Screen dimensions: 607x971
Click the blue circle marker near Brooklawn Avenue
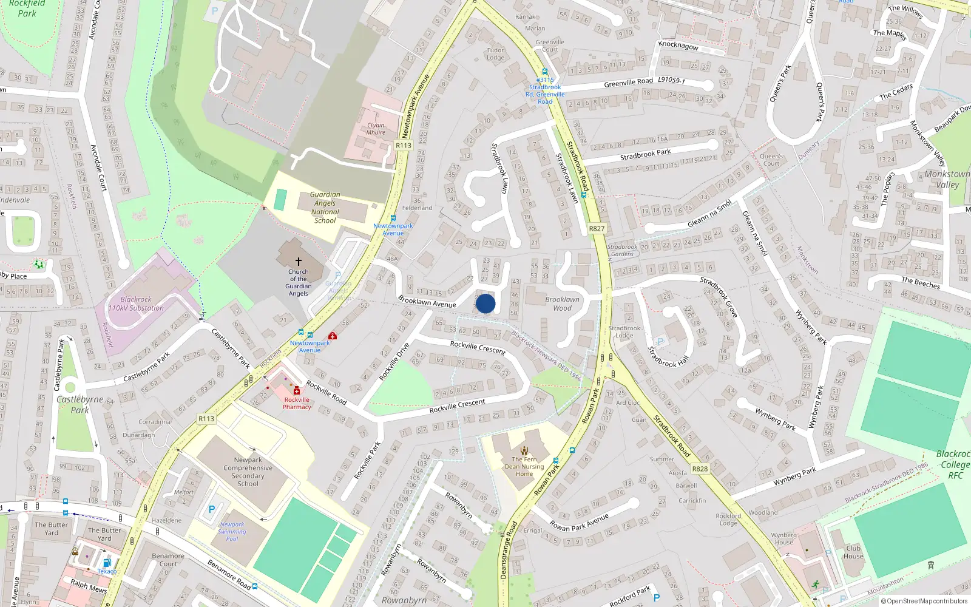tap(486, 303)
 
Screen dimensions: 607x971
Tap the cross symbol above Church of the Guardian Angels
tap(298, 261)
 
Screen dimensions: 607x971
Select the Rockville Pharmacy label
tap(297, 404)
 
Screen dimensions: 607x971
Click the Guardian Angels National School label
tap(325, 208)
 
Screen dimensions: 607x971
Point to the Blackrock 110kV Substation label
tap(136, 303)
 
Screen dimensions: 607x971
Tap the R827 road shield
tap(597, 228)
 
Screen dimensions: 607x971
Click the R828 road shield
tap(700, 469)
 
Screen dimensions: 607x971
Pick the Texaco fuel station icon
tap(107, 563)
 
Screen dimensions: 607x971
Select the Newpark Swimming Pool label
tap(232, 532)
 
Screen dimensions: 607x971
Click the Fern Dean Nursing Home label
tap(524, 467)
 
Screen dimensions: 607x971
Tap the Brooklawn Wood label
tap(562, 303)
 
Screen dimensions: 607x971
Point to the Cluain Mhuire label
tap(376, 129)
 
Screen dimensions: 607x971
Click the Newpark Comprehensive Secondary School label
tap(248, 472)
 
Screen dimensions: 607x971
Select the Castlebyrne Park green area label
tap(80, 404)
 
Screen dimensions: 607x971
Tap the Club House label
tap(853, 552)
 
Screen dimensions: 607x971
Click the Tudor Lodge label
tap(495, 54)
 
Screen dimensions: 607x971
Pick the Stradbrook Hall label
tap(668, 357)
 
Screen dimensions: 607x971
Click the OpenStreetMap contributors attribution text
tap(924, 602)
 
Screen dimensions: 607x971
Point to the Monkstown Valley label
tap(947, 179)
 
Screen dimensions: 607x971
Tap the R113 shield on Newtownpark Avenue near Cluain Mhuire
tap(403, 145)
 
